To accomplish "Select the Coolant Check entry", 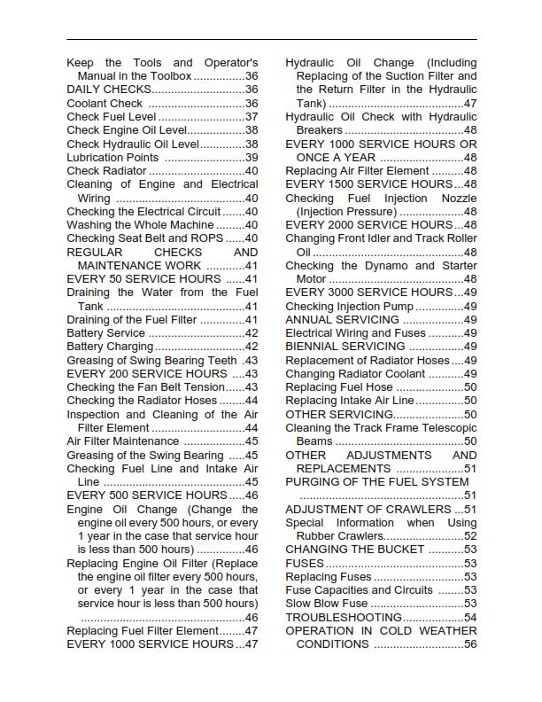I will tap(105, 104).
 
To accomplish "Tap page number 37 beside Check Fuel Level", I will tap(252, 117).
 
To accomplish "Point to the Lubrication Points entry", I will tap(112, 158).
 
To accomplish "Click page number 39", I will tap(252, 158).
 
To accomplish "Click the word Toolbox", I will tap(168, 76).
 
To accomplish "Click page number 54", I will tap(470, 617).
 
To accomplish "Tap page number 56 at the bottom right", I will tap(470, 644).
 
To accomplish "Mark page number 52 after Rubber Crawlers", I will tap(470, 536).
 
